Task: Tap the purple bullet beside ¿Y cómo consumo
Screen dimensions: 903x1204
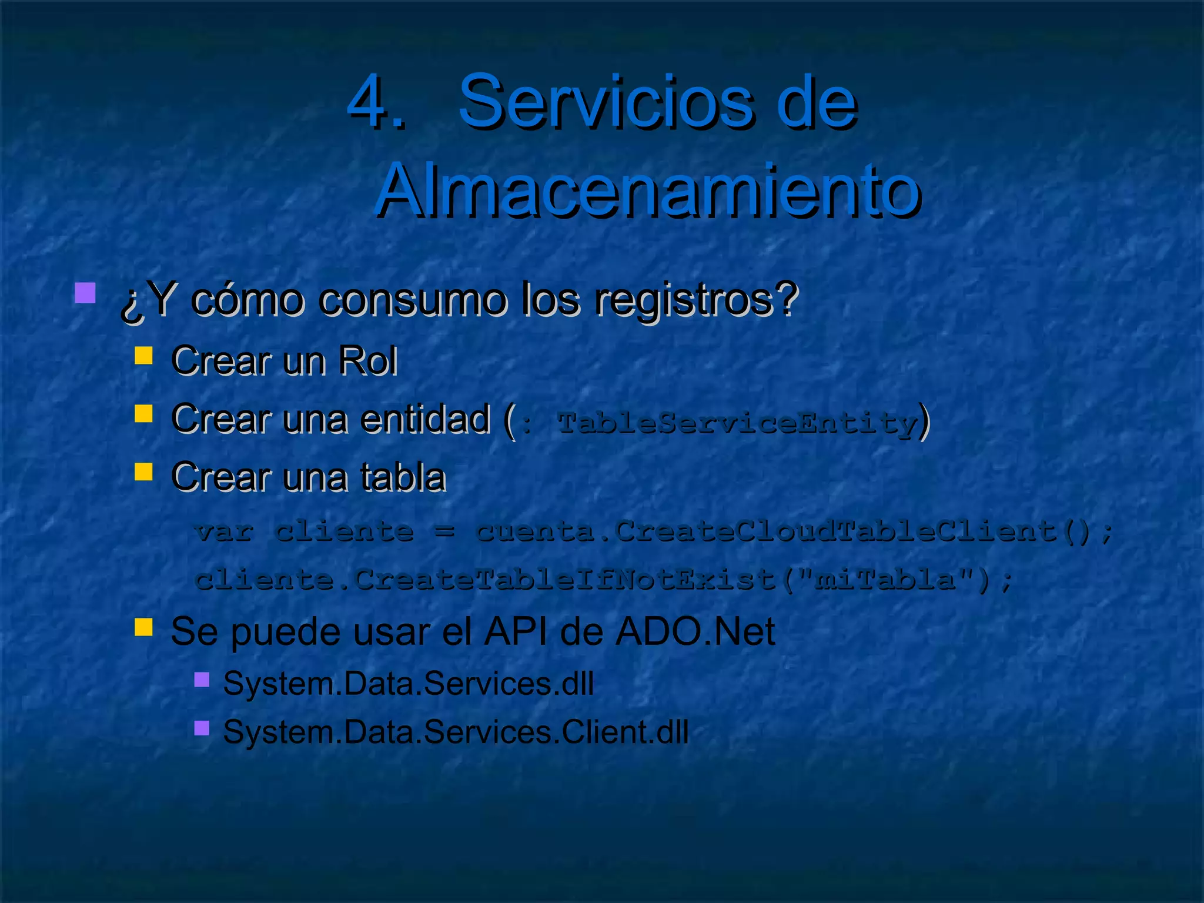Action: [85, 293]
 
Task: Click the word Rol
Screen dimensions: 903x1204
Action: [368, 360]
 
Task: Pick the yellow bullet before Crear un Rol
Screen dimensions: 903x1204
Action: [143, 356]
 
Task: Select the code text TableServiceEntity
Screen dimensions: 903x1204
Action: [737, 422]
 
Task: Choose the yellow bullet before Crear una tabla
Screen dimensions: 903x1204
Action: [143, 471]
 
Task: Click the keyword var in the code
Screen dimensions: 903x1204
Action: [224, 532]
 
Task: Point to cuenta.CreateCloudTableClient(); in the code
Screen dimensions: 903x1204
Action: [794, 532]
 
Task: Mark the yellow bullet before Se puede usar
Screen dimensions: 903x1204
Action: [143, 627]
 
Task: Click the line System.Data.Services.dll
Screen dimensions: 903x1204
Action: [408, 684]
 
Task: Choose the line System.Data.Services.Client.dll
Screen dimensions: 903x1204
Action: [456, 733]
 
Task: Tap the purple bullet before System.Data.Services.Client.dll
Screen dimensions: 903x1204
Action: [202, 728]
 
